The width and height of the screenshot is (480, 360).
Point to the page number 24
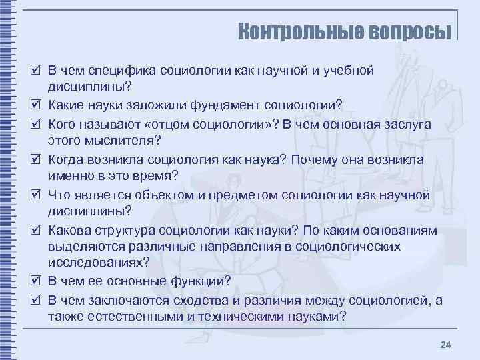pyautogui.click(x=446, y=344)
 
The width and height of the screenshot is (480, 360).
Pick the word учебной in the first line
pyautogui.click(x=347, y=70)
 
